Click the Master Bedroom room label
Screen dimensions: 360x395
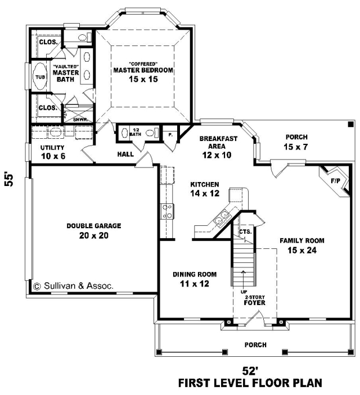click(x=143, y=70)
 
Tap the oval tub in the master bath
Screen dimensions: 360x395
click(x=40, y=76)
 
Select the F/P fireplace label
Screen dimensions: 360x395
click(x=335, y=181)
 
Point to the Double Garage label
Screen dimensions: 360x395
click(x=94, y=226)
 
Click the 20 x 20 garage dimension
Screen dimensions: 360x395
click(x=94, y=235)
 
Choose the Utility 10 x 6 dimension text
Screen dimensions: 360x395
click(x=53, y=156)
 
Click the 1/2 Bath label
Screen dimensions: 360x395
click(x=135, y=132)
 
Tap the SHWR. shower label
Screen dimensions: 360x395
click(x=80, y=120)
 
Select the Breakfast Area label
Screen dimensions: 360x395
click(x=218, y=142)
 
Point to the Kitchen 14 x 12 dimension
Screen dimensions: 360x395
click(x=205, y=193)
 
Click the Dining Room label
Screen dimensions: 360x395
click(x=195, y=274)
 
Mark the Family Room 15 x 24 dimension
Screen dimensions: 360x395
click(x=302, y=251)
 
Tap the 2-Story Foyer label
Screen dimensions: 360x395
click(x=255, y=301)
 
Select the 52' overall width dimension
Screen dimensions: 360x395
click(x=250, y=371)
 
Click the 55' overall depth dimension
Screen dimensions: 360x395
click(x=9, y=179)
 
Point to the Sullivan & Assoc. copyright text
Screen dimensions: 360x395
click(x=74, y=286)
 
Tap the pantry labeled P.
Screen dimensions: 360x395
click(x=170, y=135)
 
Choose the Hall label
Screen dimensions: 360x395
click(x=125, y=154)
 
